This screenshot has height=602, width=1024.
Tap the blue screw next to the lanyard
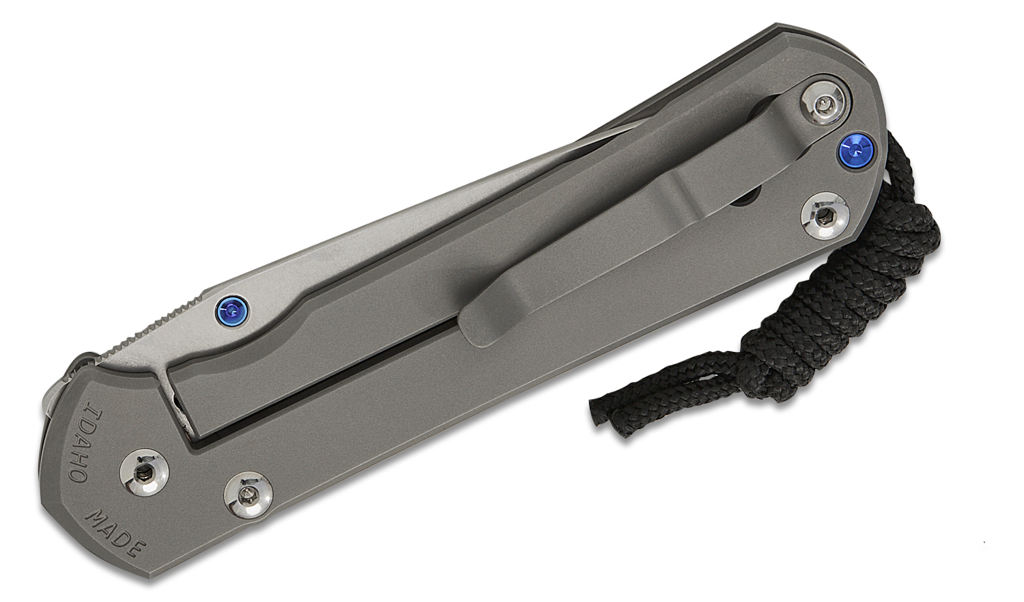(x=851, y=150)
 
